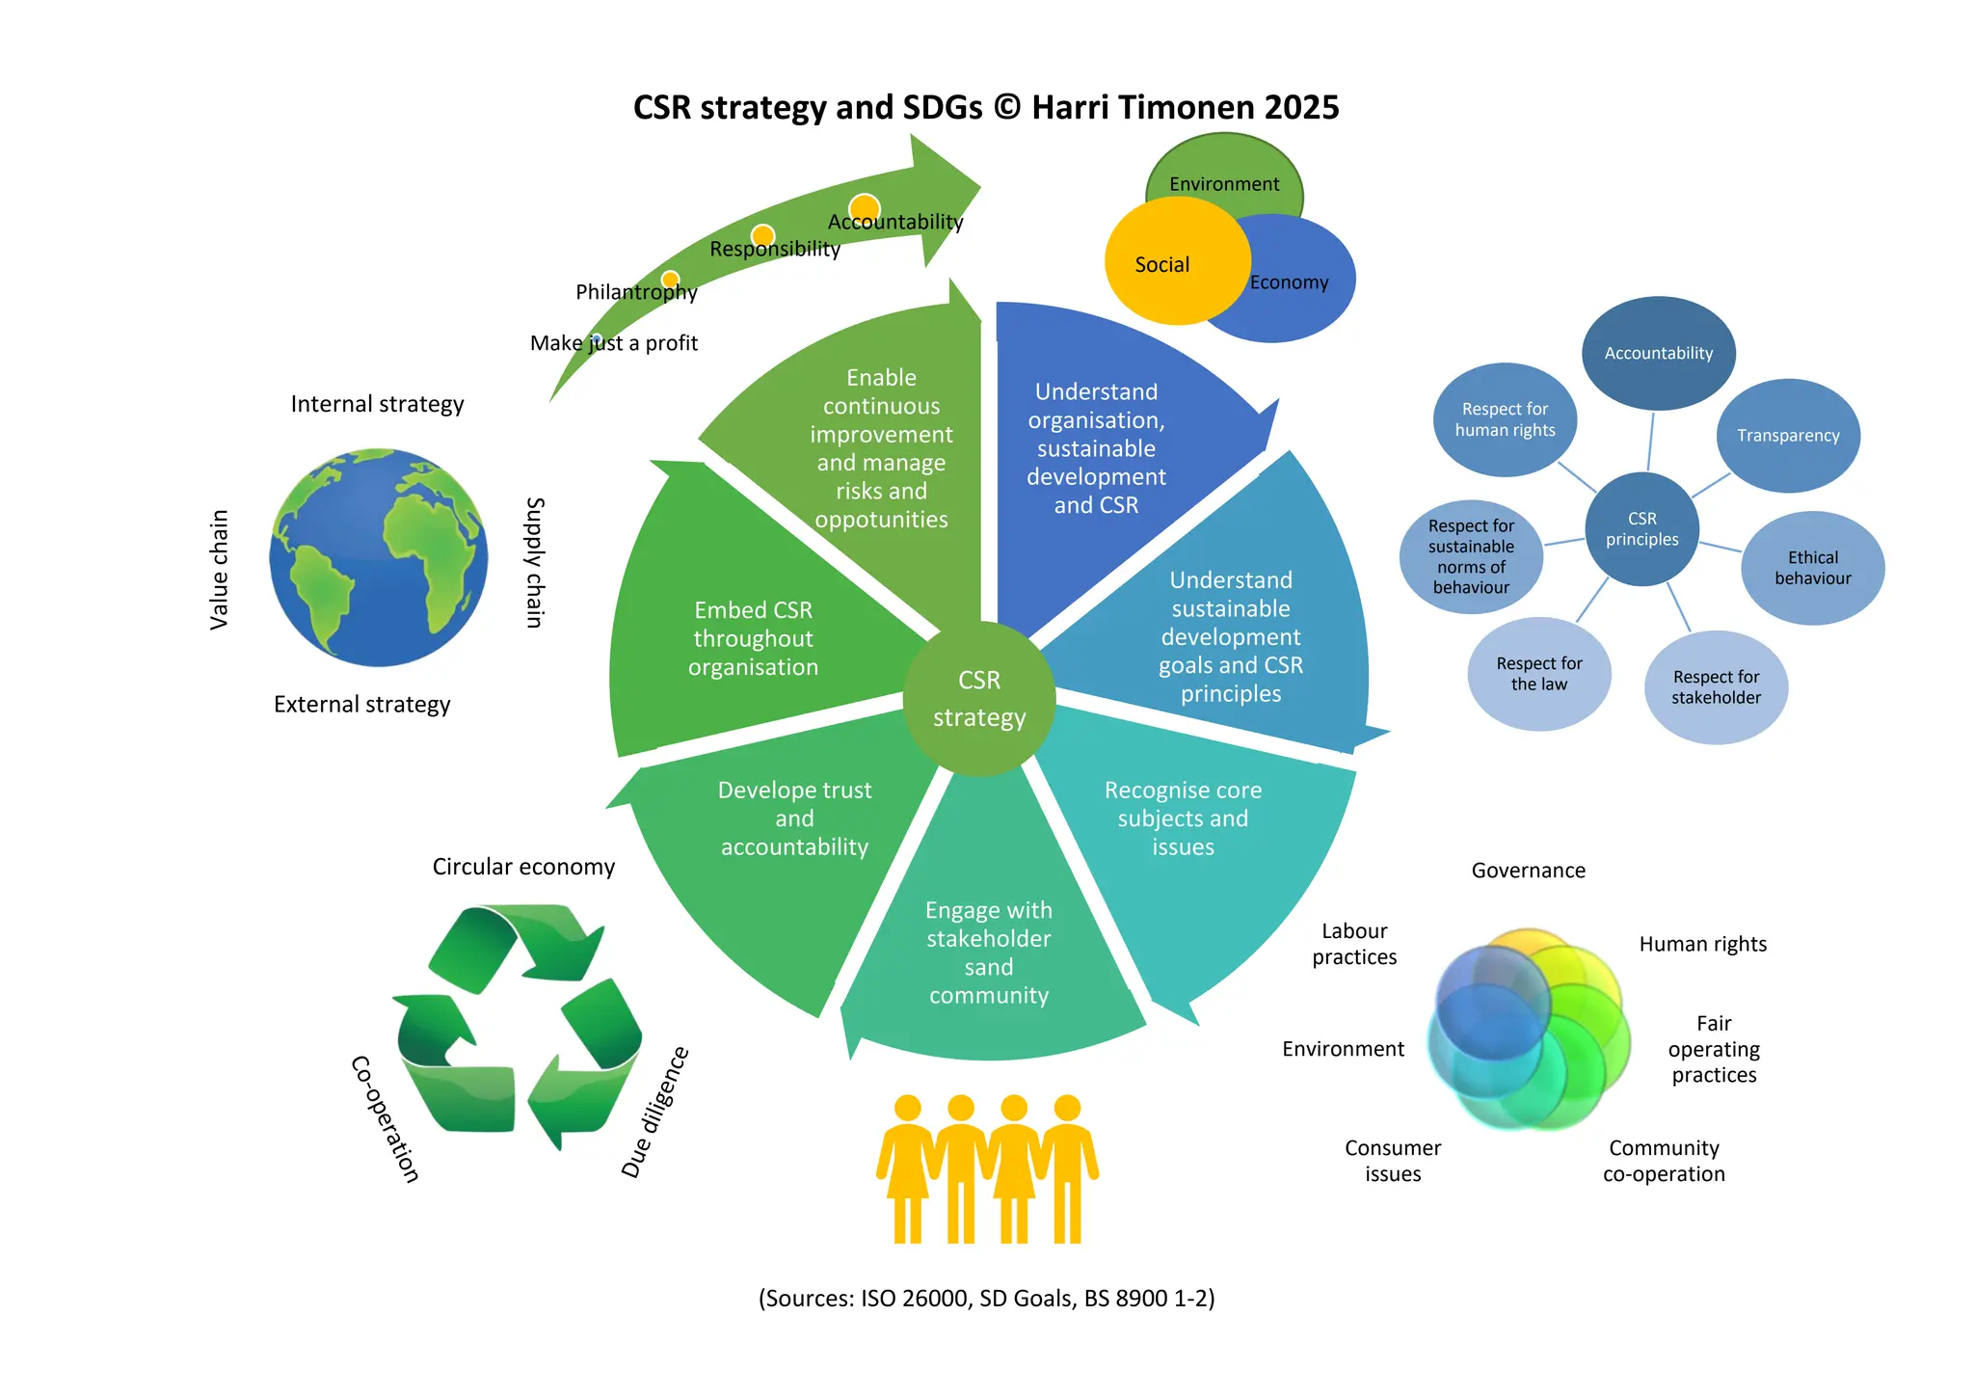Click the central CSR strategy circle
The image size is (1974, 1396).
coord(979,699)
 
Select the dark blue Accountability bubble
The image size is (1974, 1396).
coord(1658,353)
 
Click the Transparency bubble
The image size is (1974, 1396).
coord(1788,436)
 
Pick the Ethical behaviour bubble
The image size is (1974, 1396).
coord(1812,568)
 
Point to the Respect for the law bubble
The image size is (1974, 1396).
coord(1538,674)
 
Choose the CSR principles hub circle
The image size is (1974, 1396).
coord(1641,529)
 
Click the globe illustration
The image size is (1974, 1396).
coord(379,557)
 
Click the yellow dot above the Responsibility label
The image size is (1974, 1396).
coord(762,235)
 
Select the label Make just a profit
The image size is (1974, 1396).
coord(614,343)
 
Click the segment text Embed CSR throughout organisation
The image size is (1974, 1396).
coord(753,638)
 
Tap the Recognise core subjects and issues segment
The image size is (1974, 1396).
coord(1183,819)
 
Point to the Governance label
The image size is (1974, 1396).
coord(1528,871)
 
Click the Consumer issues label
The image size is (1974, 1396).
coord(1393,1161)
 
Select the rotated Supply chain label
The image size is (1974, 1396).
coord(535,562)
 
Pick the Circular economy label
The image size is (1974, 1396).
coord(523,867)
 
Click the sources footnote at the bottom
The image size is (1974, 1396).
coord(986,1299)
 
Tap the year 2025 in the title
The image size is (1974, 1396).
coord(1301,107)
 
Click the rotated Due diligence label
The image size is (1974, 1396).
coord(654,1112)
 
